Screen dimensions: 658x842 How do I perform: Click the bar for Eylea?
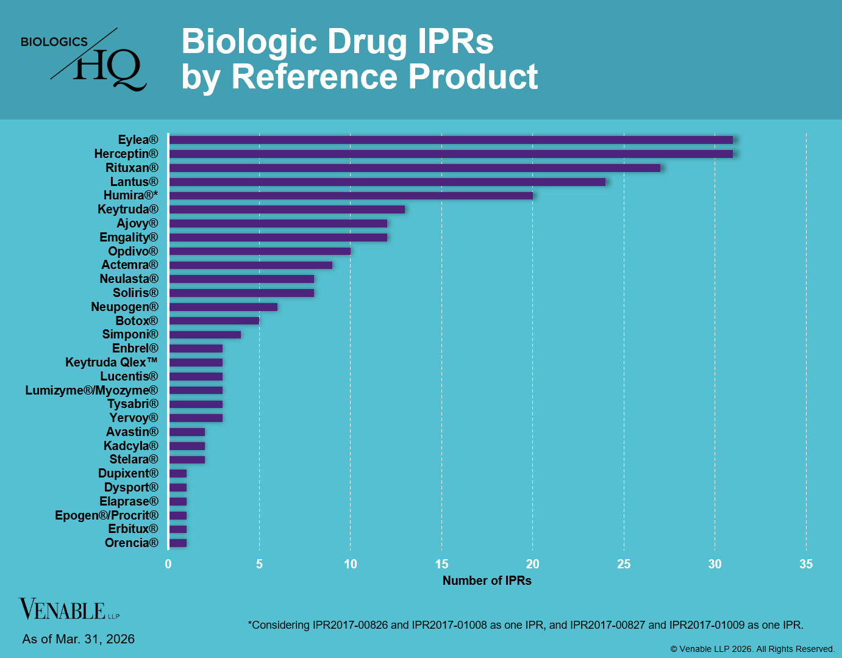pos(451,140)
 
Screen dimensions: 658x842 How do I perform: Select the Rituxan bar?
pos(415,168)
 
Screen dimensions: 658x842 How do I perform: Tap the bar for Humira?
pos(351,196)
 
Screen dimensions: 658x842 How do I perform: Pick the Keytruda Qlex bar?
pos(196,363)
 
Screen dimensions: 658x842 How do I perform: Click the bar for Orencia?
pos(178,543)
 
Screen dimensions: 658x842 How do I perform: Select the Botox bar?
pos(214,321)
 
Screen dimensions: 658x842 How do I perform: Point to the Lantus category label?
pos(134,182)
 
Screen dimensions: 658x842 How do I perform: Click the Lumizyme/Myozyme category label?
pos(91,390)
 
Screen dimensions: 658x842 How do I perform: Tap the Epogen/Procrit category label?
pos(106,515)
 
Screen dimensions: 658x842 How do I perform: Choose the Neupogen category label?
pos(124,307)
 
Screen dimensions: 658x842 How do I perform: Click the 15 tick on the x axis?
pos(441,564)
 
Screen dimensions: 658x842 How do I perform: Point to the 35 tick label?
pos(806,564)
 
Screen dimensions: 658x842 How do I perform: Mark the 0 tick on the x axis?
pos(168,564)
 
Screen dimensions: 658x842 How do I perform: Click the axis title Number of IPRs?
pos(487,581)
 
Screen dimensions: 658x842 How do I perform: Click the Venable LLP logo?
pos(68,609)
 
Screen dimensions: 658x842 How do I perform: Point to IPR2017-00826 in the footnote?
pos(350,625)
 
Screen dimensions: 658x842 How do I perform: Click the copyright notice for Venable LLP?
pos(752,649)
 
